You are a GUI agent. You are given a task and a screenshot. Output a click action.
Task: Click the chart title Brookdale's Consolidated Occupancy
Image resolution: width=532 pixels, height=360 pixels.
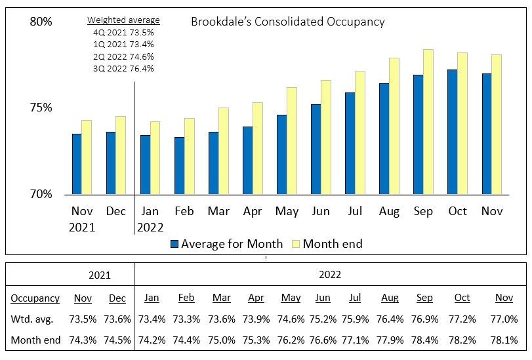pos(287,22)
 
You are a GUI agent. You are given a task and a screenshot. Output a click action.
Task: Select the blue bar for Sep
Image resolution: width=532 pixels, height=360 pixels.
pos(418,134)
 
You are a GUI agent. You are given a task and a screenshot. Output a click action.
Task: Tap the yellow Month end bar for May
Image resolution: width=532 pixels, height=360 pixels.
pos(291,141)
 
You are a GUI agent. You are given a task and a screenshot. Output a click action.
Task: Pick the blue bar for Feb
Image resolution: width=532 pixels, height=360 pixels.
pos(179,165)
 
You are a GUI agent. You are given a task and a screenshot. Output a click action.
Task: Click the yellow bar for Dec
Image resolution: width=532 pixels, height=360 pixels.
pos(121,155)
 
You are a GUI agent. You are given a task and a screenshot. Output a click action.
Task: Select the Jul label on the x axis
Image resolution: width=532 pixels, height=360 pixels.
pos(355,211)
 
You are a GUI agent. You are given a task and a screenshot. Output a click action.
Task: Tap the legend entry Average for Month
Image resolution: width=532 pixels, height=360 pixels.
pos(226,244)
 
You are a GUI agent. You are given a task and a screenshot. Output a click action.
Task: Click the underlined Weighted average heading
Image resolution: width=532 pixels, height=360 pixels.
pos(123,20)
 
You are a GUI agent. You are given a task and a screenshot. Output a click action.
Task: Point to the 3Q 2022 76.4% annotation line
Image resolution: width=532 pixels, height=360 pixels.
pos(123,68)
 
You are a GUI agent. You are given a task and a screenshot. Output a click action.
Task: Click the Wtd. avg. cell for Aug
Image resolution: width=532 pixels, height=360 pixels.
pos(390,319)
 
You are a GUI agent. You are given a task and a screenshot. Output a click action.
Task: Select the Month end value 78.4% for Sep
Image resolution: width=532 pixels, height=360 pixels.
pos(424,340)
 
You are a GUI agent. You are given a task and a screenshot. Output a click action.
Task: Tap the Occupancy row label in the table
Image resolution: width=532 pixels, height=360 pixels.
pos(35,298)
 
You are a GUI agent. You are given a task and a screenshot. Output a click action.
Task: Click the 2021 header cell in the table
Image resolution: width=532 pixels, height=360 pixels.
pos(100,275)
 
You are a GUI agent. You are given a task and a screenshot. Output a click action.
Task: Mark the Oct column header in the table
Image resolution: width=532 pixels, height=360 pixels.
pos(462,298)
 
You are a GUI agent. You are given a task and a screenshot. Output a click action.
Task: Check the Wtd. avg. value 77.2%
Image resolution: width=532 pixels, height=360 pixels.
pos(462,319)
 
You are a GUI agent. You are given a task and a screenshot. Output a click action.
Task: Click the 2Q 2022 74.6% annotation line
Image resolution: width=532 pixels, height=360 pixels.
pos(123,56)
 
